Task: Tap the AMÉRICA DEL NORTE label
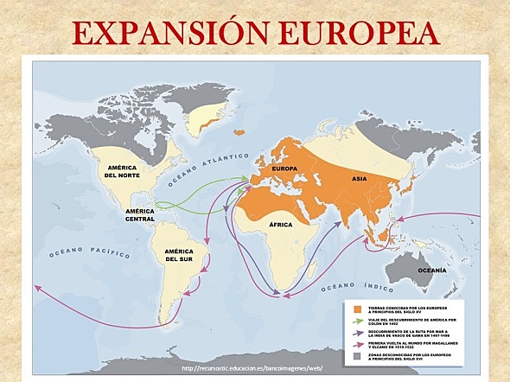(x=123, y=170)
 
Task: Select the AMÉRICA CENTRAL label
(x=140, y=214)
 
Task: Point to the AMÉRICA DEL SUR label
(x=180, y=255)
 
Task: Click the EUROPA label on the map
(x=284, y=168)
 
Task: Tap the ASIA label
(x=359, y=178)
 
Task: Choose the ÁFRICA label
(x=281, y=224)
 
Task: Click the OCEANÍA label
(x=432, y=271)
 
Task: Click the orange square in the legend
(x=355, y=309)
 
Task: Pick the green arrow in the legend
(x=355, y=321)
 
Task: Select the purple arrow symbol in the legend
(x=355, y=332)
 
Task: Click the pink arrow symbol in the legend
(x=355, y=343)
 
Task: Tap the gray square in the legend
(x=355, y=355)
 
